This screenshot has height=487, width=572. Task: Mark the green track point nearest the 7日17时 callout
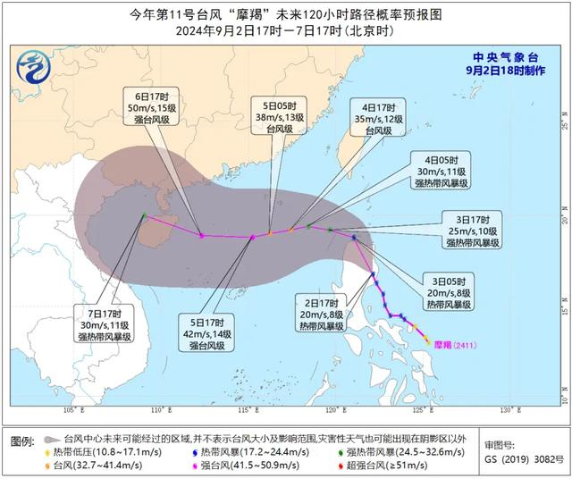144,214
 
